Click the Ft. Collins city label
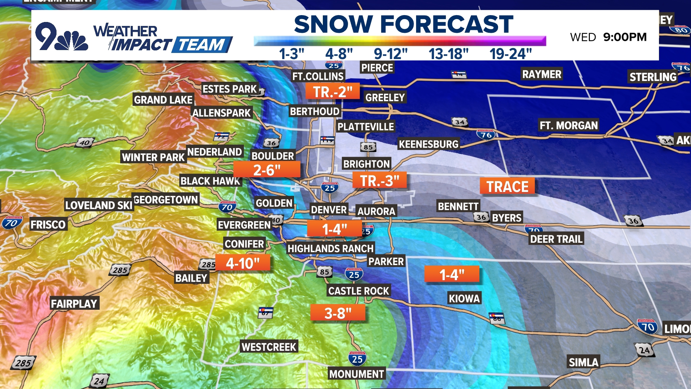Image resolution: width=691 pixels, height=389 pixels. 318,76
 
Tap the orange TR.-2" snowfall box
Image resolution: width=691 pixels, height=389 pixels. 333,91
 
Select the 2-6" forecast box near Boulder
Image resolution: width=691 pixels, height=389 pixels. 267,170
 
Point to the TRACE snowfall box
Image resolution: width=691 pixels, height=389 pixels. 507,186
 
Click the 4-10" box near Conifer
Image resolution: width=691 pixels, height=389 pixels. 243,263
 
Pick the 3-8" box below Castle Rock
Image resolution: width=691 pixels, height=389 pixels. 338,313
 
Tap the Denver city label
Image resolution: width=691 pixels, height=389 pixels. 329,210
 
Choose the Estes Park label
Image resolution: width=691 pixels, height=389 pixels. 230,89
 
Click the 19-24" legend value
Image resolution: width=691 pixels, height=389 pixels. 510,54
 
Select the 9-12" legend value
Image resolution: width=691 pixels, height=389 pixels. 390,54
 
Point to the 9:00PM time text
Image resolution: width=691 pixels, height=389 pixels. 625,37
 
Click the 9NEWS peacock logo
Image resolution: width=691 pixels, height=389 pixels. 61,37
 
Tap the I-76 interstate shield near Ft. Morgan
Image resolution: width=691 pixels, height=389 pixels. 486,135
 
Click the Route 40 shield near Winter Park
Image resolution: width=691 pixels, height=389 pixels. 85,143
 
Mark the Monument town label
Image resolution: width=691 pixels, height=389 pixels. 357,374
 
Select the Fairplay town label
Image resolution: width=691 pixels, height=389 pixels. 74,304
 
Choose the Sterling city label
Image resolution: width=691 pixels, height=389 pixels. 653,77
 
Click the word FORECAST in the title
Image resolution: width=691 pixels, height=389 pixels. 447,24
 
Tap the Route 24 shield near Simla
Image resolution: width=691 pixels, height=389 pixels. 644,350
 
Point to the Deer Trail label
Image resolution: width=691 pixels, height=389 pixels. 556,239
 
